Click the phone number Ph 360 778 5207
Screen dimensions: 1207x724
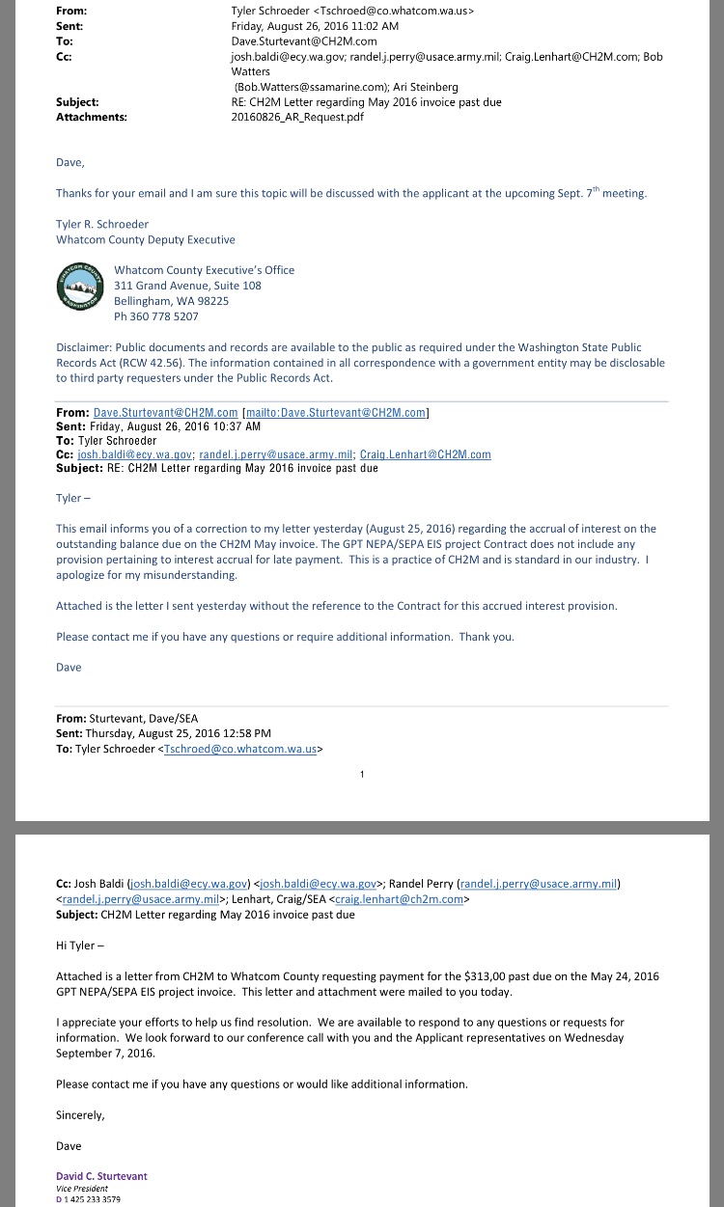point(155,316)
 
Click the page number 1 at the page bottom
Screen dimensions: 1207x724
point(362,774)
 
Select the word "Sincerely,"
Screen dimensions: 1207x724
point(80,1115)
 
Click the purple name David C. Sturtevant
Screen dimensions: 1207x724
point(101,1176)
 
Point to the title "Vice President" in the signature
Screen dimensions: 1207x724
point(81,1188)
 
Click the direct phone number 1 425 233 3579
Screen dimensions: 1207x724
point(93,1199)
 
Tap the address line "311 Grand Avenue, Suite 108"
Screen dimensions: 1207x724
point(187,286)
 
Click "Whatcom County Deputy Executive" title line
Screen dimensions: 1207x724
point(145,239)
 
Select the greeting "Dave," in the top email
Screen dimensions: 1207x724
point(70,162)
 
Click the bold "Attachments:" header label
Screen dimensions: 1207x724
point(92,117)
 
